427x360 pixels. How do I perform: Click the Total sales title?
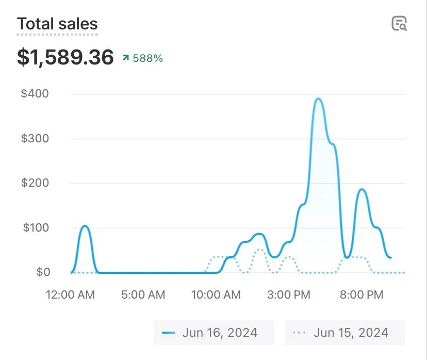pyautogui.click(x=57, y=24)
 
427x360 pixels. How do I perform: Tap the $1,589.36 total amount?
pyautogui.click(x=65, y=57)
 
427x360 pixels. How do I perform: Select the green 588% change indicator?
pyautogui.click(x=143, y=58)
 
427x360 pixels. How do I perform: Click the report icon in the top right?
pyautogui.click(x=399, y=24)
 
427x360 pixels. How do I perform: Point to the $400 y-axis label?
pyautogui.click(x=35, y=94)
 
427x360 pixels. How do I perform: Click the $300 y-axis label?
pyautogui.click(x=35, y=139)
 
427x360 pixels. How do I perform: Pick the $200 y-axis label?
pyautogui.click(x=35, y=183)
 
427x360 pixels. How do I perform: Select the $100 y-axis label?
pyautogui.click(x=35, y=227)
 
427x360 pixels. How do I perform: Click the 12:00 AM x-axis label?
pyautogui.click(x=70, y=295)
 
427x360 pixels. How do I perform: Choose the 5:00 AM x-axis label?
pyautogui.click(x=143, y=295)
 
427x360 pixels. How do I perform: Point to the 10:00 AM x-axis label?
pyautogui.click(x=216, y=295)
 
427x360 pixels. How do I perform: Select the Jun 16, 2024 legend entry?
pyautogui.click(x=213, y=333)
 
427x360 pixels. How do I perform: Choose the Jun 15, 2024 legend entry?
pyautogui.click(x=344, y=333)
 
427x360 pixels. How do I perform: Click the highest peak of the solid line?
pyautogui.click(x=318, y=99)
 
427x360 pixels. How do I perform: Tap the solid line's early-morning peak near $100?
pyautogui.click(x=85, y=226)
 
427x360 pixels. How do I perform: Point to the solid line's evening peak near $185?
pyautogui.click(x=362, y=190)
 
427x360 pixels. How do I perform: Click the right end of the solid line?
pyautogui.click(x=391, y=257)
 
